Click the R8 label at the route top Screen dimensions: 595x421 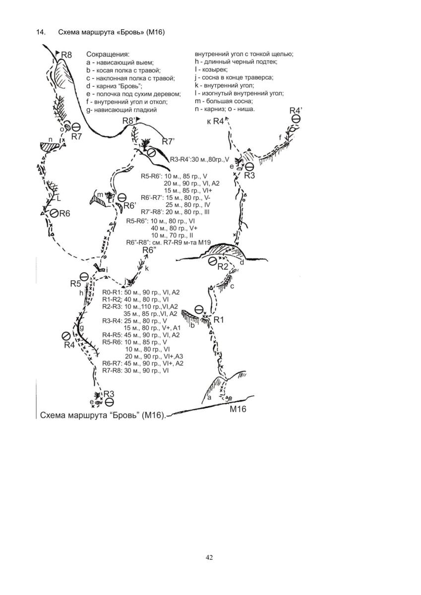tap(67, 55)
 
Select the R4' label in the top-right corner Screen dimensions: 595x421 tap(296, 110)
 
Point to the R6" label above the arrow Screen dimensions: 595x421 tap(149, 250)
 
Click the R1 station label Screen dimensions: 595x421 tap(219, 320)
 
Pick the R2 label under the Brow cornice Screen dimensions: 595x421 tap(223, 267)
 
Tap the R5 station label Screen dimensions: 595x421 tap(75, 284)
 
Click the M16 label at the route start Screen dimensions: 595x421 tap(237, 409)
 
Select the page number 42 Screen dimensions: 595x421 tap(209, 558)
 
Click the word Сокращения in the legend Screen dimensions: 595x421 tap(108, 54)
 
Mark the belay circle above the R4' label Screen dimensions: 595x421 tap(296, 119)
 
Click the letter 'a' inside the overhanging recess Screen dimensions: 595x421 tap(209, 398)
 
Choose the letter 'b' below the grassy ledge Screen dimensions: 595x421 tap(193, 325)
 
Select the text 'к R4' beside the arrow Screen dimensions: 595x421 tap(215, 122)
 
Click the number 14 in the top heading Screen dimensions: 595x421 tap(40, 33)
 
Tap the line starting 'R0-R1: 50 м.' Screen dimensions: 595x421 tap(141, 293)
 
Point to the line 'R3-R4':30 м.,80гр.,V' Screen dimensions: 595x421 tap(199, 159)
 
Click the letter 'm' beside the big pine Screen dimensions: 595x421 tap(100, 194)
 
